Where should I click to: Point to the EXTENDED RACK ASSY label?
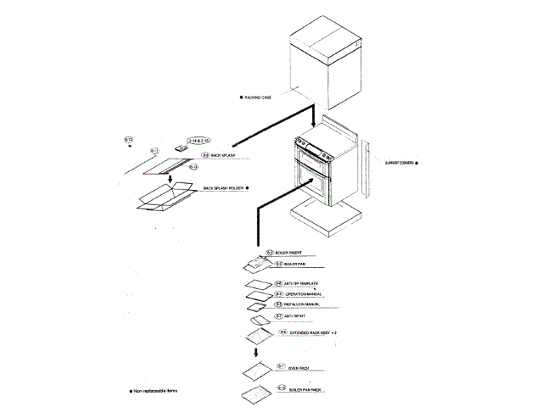click(x=314, y=335)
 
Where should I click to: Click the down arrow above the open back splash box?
click(x=171, y=179)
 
